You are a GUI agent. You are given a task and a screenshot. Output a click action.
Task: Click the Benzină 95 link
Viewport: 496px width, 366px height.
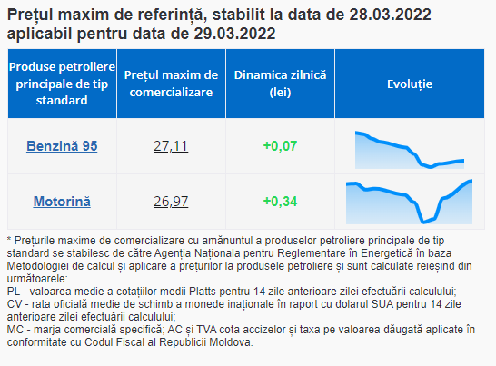62,146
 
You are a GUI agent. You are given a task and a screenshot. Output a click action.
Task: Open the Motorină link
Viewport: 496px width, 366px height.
62,202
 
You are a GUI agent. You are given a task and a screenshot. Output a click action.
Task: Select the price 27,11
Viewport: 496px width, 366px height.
171,146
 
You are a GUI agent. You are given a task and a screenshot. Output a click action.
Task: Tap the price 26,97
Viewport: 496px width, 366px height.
171,202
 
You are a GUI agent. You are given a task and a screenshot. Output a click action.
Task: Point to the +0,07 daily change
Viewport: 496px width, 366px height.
281,146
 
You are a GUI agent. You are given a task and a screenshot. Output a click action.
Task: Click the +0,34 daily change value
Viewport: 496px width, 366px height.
281,202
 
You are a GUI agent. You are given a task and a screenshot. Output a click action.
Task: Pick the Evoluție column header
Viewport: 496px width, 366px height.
410,84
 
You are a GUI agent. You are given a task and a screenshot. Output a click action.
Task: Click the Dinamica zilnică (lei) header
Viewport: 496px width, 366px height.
281,84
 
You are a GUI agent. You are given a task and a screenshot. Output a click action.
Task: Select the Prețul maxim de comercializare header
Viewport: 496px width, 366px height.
171,84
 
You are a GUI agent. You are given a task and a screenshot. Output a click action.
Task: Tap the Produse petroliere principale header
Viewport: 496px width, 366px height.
62,84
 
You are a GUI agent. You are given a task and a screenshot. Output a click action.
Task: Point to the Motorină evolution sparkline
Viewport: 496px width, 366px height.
409,203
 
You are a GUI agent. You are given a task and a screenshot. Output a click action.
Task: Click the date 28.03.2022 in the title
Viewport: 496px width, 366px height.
390,15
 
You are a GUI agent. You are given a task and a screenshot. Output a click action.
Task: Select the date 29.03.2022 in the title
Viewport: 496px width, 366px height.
234,34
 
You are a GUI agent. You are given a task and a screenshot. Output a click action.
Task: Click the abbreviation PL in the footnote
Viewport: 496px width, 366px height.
14,292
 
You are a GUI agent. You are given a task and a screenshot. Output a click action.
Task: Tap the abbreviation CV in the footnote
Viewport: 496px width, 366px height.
15,304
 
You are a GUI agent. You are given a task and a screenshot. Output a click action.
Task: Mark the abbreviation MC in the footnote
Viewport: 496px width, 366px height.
15,330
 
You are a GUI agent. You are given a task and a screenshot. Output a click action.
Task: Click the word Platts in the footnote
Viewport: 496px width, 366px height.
203,292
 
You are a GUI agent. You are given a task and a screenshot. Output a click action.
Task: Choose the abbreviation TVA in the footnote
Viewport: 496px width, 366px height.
206,330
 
